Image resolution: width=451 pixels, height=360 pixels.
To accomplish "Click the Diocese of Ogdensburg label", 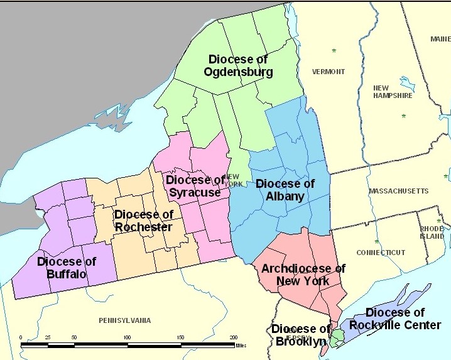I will (x=238, y=65).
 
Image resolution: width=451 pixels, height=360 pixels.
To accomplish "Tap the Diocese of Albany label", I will (x=285, y=190).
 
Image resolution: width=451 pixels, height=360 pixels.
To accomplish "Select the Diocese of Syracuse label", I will (x=195, y=186).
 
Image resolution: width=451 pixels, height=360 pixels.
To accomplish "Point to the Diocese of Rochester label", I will (x=143, y=221).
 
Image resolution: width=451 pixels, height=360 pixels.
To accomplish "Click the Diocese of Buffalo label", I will (x=66, y=268).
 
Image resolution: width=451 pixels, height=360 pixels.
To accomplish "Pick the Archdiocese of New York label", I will (x=303, y=275).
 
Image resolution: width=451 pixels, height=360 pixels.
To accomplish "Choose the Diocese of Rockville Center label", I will (x=395, y=319).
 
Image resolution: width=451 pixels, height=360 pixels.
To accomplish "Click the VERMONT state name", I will (x=329, y=72).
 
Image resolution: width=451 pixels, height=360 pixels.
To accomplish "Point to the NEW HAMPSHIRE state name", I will (x=393, y=92).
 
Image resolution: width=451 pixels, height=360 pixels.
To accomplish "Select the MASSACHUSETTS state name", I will (x=398, y=190).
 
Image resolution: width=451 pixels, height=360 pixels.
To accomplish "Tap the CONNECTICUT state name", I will (x=381, y=253).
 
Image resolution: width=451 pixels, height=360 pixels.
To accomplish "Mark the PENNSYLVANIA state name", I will (x=125, y=320).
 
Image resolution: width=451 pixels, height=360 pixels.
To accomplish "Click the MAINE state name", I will (x=440, y=39).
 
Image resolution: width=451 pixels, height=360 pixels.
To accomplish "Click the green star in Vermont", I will (x=334, y=50).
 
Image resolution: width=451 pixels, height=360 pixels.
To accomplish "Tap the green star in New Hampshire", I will (x=403, y=116).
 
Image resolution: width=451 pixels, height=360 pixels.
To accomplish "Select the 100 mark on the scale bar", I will (x=128, y=338).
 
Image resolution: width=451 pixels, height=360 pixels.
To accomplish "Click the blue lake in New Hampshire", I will (x=407, y=84).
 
